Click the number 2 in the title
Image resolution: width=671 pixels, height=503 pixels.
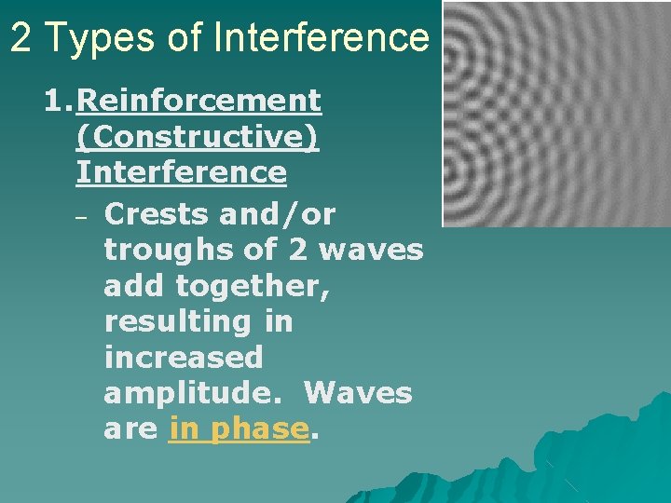pyautogui.click(x=23, y=37)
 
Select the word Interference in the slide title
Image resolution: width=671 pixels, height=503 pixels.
pyautogui.click(x=321, y=37)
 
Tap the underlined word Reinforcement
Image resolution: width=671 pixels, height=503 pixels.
pyautogui.click(x=199, y=100)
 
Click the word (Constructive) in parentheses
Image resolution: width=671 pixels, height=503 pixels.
pyautogui.click(x=198, y=136)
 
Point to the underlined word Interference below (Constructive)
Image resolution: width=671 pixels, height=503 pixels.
pyautogui.click(x=181, y=172)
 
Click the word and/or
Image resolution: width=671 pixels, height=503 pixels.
pyautogui.click(x=278, y=214)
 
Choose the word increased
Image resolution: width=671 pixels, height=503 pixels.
pyautogui.click(x=184, y=358)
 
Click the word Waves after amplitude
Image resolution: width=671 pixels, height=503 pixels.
pyautogui.click(x=358, y=393)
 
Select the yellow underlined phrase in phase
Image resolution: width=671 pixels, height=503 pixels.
pyautogui.click(x=239, y=429)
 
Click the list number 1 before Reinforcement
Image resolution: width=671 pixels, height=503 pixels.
pyautogui.click(x=55, y=100)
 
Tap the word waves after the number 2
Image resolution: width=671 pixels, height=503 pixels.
pyautogui.click(x=373, y=251)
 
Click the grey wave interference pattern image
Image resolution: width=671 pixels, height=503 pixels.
pyautogui.click(x=555, y=114)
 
